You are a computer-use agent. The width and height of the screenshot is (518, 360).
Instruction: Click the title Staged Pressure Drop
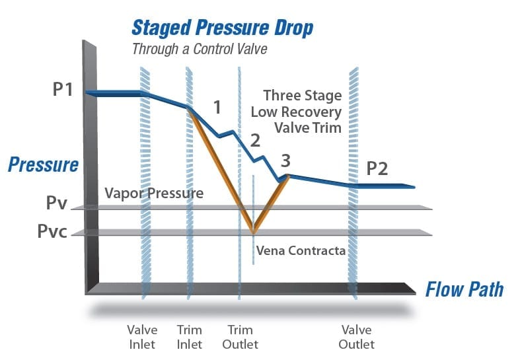click(x=222, y=28)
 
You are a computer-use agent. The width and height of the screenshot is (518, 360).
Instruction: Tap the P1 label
click(x=63, y=90)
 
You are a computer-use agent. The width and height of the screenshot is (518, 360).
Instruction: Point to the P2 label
click(x=377, y=168)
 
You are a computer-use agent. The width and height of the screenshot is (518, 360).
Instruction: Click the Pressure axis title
click(x=43, y=164)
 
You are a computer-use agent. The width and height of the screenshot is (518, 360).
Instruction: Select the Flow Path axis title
click(x=464, y=289)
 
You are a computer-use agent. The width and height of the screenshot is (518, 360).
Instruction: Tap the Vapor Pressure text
click(x=154, y=194)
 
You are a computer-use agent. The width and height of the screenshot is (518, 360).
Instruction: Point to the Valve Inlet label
click(x=142, y=337)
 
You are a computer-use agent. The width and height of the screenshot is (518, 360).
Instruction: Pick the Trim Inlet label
click(x=190, y=337)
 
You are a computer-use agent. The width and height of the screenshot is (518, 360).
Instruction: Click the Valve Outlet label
click(x=357, y=337)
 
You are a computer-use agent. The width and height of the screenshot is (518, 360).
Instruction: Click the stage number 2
click(x=255, y=140)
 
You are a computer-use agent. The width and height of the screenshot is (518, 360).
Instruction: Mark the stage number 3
click(x=285, y=160)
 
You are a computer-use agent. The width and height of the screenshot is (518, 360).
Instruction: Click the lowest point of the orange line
click(x=253, y=231)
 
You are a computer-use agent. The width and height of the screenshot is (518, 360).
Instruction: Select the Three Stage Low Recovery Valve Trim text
click(x=303, y=112)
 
